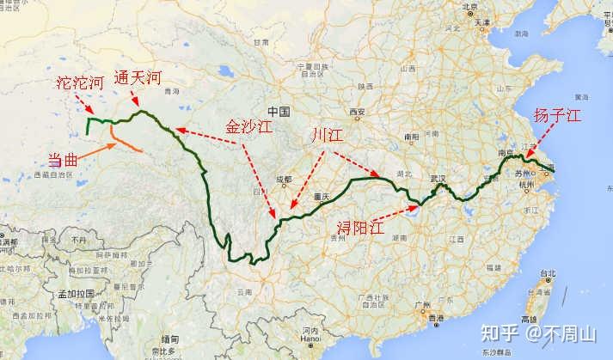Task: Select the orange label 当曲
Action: [67, 160]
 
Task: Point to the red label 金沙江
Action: [248, 125]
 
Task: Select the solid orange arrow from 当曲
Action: [100, 152]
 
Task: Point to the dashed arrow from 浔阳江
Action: [402, 214]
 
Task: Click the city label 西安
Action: [358, 113]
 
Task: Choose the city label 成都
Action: [285, 180]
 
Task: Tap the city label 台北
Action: [548, 273]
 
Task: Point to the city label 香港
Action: [438, 318]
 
